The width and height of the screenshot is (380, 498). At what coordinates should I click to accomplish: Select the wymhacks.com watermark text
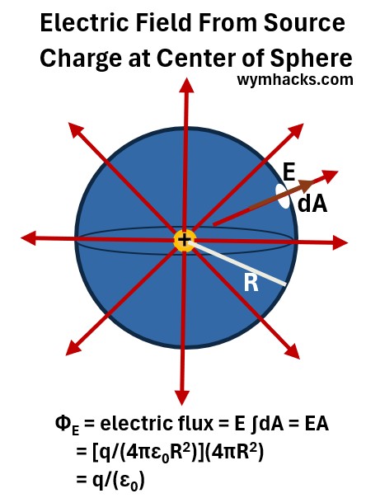click(295, 79)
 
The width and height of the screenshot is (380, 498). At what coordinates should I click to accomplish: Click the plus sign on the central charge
click(184, 240)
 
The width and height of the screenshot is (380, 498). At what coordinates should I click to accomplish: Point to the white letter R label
click(251, 283)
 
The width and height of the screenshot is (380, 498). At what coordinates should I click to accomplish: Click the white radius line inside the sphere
click(237, 262)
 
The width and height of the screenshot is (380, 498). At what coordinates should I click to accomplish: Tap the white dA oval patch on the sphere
click(283, 196)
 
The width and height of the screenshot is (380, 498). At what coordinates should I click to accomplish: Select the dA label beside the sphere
click(312, 204)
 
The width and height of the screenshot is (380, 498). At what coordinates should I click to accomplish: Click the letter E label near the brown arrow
click(289, 172)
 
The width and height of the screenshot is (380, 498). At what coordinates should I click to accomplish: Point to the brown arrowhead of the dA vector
click(307, 185)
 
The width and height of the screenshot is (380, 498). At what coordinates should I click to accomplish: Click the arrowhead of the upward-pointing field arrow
click(186, 86)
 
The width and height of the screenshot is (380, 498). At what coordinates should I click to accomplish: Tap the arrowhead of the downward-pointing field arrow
click(181, 397)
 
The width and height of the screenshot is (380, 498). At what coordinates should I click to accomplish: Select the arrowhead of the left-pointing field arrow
click(28, 238)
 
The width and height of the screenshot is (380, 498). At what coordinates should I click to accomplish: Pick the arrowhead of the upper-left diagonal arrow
click(76, 129)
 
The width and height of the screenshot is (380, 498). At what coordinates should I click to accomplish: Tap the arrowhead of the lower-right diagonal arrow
click(292, 351)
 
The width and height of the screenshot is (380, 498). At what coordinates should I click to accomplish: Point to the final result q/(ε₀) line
click(110, 479)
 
